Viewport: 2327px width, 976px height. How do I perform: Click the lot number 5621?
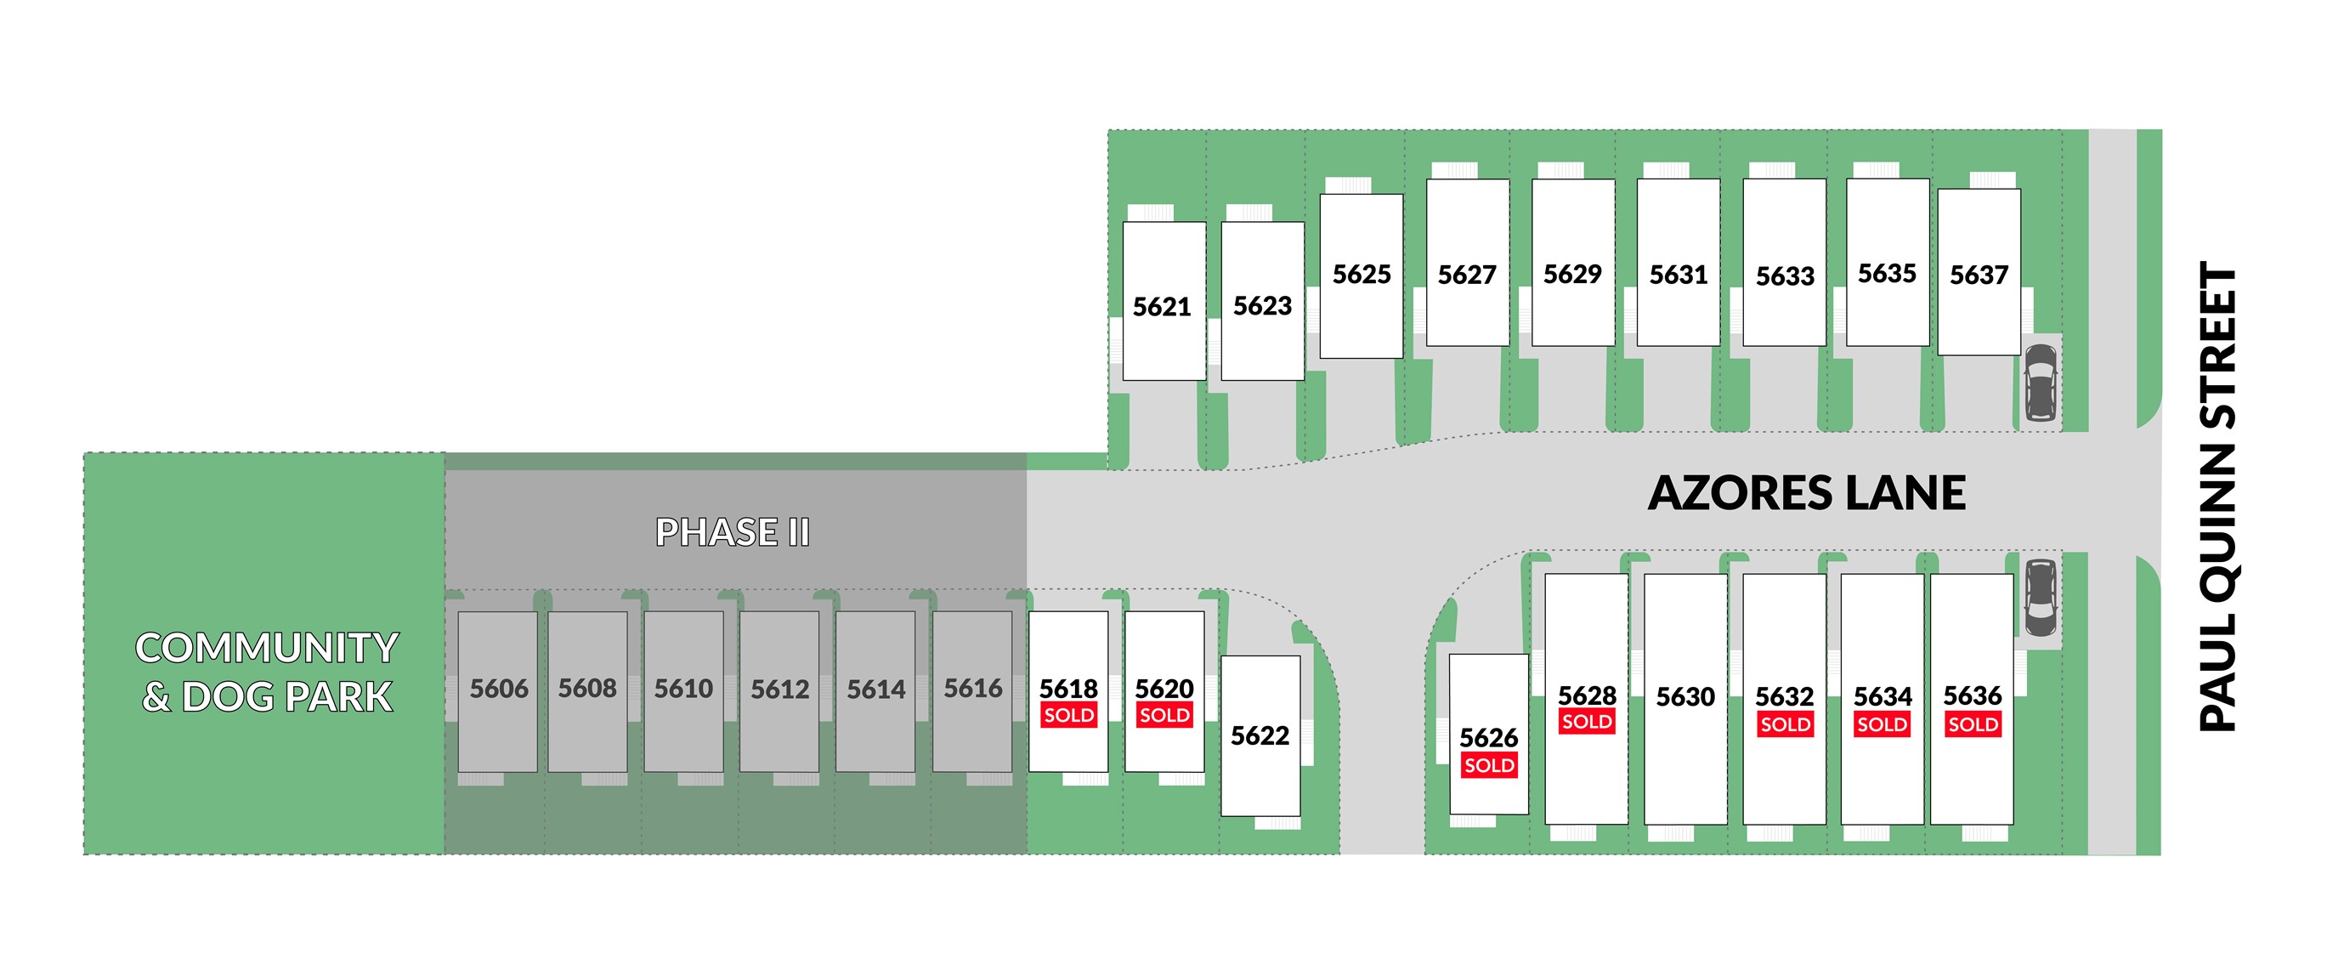(x=1162, y=307)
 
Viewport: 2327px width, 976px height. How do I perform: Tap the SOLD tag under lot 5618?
(x=1068, y=716)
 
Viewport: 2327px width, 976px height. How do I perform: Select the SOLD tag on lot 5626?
(x=1489, y=766)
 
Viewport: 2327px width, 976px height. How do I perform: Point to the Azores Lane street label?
(x=1807, y=493)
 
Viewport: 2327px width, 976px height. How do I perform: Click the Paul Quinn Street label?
(x=2217, y=497)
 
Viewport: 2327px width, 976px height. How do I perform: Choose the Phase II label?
(x=733, y=532)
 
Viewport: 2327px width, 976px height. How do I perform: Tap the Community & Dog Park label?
(x=267, y=672)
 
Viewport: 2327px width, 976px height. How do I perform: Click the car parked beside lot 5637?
(x=2040, y=383)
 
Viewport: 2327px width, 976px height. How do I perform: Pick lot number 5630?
(x=1684, y=697)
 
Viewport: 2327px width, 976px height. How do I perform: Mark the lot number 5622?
(x=1260, y=735)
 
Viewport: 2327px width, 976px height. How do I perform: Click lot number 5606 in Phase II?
(x=499, y=689)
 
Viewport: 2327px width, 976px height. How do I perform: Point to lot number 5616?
(x=973, y=689)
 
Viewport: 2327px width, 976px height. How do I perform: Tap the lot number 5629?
(x=1571, y=274)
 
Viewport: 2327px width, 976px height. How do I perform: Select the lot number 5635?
(x=1886, y=274)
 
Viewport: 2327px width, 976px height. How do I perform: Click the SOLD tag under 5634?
(x=1882, y=724)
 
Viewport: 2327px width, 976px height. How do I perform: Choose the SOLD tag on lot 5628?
(x=1586, y=722)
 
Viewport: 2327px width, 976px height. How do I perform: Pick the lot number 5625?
(x=1362, y=275)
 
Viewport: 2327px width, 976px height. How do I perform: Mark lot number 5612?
(x=779, y=690)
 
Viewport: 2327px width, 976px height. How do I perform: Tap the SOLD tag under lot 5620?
(x=1164, y=716)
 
